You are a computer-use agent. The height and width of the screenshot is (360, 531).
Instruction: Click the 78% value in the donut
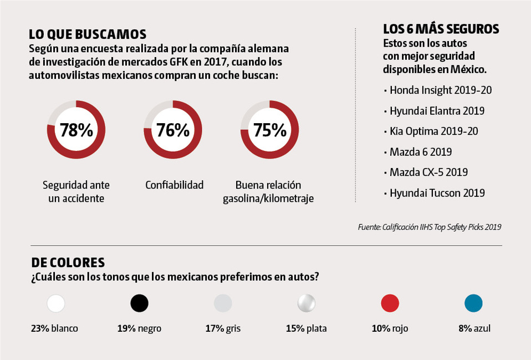tap(76, 130)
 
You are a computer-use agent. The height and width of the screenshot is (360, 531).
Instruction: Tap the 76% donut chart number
tap(173, 130)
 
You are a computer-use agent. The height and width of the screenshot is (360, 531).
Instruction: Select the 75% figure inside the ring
tap(269, 130)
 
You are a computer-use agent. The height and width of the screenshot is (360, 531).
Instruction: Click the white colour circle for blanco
tap(56, 303)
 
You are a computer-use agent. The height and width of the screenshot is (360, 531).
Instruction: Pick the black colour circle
tap(140, 303)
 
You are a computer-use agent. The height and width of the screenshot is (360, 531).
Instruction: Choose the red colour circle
tap(390, 303)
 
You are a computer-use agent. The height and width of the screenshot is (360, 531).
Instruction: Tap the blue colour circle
tap(473, 303)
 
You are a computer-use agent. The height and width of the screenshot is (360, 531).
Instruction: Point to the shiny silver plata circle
tap(307, 303)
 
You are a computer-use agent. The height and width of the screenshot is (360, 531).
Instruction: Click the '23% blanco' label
tap(54, 328)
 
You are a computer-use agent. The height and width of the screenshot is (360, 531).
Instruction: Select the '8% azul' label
tap(474, 328)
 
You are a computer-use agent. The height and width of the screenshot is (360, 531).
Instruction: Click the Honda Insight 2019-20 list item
tap(441, 90)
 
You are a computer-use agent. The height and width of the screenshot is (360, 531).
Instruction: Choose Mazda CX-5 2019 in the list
tap(429, 172)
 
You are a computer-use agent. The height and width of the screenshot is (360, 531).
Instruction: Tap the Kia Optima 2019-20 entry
tap(434, 131)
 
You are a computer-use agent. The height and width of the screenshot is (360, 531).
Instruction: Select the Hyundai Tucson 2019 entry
tap(437, 193)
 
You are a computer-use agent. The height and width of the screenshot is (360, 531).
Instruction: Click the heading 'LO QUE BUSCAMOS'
tap(88, 34)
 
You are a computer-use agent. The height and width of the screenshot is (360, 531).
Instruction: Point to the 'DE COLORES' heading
tap(68, 262)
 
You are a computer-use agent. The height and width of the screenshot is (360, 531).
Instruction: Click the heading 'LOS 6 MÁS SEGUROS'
tap(441, 29)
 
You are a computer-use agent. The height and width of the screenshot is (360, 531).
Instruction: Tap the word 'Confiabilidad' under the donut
tap(175, 185)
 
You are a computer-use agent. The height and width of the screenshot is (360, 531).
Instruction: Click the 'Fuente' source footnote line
tap(430, 227)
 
